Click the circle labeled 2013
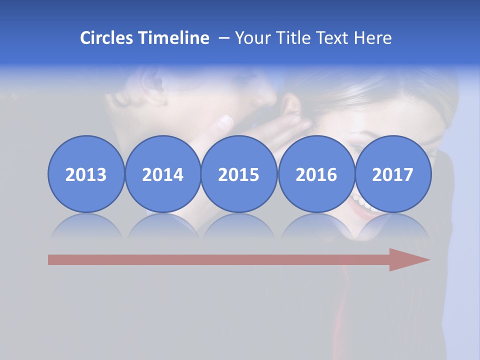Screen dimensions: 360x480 pyautogui.click(x=86, y=174)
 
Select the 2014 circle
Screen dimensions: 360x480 pyautogui.click(x=162, y=174)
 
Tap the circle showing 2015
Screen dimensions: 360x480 pyautogui.click(x=239, y=174)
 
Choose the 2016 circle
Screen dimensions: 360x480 pyautogui.click(x=316, y=174)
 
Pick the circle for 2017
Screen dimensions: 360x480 pyautogui.click(x=392, y=174)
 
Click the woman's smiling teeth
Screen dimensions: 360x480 pyautogui.click(x=361, y=203)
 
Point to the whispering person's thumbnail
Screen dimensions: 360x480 pyautogui.click(x=227, y=121)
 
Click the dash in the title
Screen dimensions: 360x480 pyautogui.click(x=223, y=38)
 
